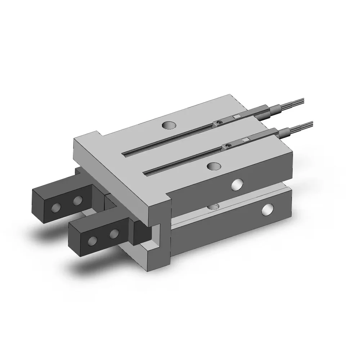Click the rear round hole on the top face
click(x=169, y=125)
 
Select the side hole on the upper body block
click(x=237, y=184)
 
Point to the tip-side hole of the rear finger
click(x=56, y=207)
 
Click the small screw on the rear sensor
click(x=218, y=123)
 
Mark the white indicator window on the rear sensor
click(x=236, y=117)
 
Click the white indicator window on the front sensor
click(x=246, y=140)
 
